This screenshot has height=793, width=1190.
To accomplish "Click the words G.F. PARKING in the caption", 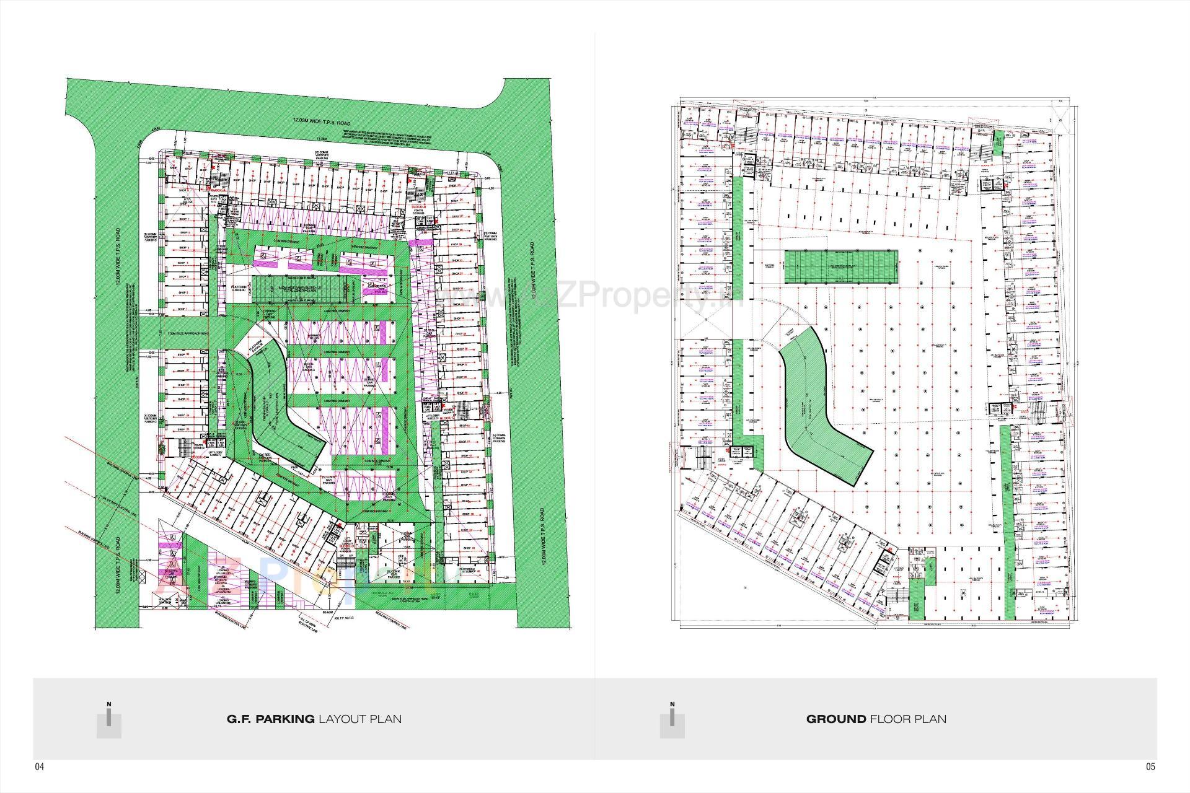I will pyautogui.click(x=270, y=719).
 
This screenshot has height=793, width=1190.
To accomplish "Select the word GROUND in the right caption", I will pyautogui.click(x=836, y=719).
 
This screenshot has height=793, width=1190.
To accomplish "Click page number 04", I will pyautogui.click(x=39, y=767).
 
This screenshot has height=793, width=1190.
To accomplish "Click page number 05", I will pyautogui.click(x=1150, y=767).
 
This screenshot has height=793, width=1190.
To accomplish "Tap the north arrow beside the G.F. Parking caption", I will pyautogui.click(x=109, y=718).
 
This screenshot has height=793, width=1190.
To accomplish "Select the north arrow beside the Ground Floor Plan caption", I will pyautogui.click(x=672, y=718).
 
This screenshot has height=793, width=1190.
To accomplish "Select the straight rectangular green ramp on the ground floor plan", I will pyautogui.click(x=841, y=266).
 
